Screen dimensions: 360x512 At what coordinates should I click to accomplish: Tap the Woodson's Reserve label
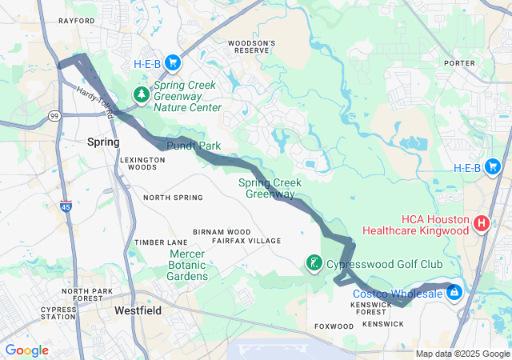point(251,46)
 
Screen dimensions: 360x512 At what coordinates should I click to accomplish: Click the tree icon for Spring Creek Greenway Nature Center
point(142,95)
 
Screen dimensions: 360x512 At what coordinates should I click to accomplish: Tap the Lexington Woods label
point(142,163)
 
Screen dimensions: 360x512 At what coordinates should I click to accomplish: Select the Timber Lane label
point(161,242)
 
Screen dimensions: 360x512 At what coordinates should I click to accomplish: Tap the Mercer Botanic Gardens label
point(188,265)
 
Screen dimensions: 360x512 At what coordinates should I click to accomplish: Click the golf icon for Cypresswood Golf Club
point(315,262)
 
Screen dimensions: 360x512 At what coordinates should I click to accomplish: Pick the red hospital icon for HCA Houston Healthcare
point(482,223)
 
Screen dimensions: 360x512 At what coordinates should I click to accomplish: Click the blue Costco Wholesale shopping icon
point(454,293)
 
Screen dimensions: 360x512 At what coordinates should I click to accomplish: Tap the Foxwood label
point(334,326)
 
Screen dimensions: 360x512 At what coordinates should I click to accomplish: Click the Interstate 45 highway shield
point(65,207)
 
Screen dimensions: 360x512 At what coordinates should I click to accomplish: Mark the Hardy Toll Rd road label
point(95,103)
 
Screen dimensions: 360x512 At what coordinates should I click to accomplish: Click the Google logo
point(27,350)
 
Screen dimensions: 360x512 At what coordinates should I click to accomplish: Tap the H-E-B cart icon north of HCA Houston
point(493,167)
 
